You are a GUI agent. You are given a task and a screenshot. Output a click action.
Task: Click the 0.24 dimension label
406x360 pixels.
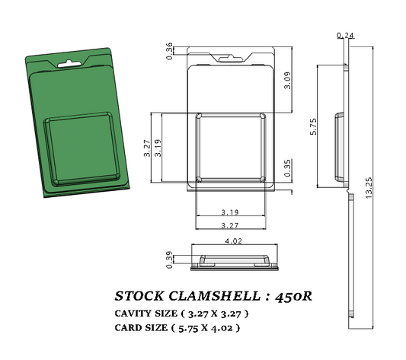pyautogui.click(x=345, y=35)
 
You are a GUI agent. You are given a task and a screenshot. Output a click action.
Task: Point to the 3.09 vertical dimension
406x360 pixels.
pyautogui.click(x=287, y=80)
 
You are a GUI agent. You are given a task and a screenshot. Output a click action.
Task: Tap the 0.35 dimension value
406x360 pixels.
pyautogui.click(x=287, y=168)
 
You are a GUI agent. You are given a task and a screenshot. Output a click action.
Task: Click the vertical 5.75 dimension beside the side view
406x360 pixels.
pyautogui.click(x=313, y=126)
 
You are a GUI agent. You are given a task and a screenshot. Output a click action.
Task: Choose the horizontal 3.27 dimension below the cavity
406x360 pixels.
pyautogui.click(x=231, y=225)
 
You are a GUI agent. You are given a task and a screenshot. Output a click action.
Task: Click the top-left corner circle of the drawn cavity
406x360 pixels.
pyautogui.click(x=199, y=116)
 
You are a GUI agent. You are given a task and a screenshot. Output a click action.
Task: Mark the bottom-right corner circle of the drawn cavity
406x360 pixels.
pyautogui.click(x=263, y=180)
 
